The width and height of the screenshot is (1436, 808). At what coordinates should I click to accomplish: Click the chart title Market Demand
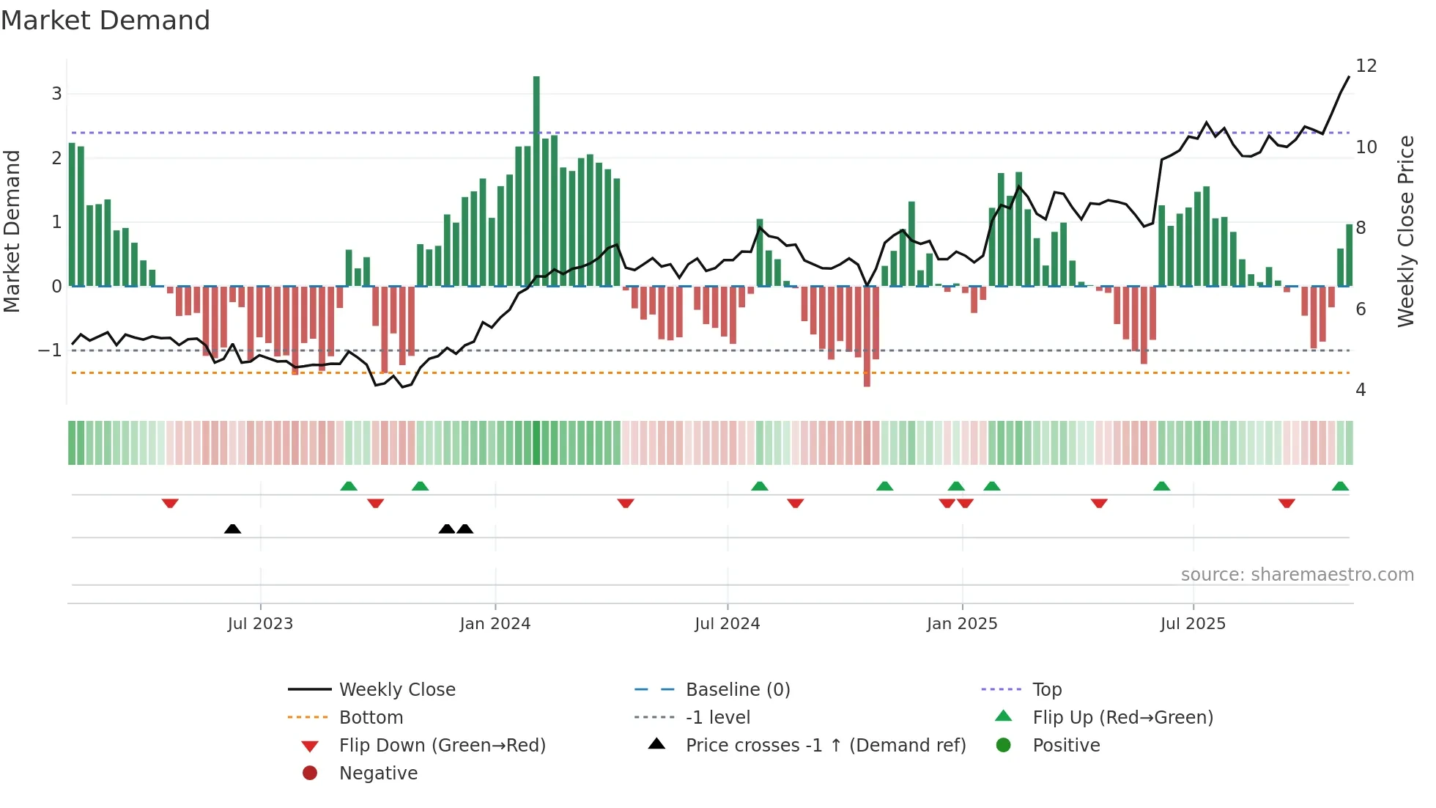pos(106,21)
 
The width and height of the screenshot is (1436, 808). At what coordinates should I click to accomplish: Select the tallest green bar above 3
pos(536,180)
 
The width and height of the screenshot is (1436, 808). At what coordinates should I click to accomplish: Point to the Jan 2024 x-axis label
pos(495,623)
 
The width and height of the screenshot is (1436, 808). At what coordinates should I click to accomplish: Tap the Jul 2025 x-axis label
pos(1193,623)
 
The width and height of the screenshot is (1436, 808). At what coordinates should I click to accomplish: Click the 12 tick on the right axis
pos(1366,66)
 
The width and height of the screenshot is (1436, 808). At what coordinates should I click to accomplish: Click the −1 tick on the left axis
pos(50,350)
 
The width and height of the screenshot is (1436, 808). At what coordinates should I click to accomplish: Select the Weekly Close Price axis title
pos(1405,231)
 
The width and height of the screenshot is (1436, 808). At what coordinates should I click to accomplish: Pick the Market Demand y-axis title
pos(12,231)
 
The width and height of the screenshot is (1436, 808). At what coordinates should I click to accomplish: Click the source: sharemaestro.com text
pos(1297,574)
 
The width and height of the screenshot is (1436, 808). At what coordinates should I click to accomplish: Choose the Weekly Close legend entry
pos(396,689)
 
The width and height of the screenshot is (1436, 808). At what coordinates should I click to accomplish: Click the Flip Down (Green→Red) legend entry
pos(442,745)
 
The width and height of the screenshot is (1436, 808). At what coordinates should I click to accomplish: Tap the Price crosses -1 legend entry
pos(825,745)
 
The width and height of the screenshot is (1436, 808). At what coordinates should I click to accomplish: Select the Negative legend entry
pos(378,773)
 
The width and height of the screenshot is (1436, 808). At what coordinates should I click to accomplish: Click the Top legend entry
pos(1047,689)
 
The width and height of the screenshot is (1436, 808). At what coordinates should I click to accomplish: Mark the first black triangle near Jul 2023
pos(232,529)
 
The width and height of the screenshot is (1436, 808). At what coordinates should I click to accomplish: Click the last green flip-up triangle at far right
pos(1340,486)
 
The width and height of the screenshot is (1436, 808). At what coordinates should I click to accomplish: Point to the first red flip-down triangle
pos(170,503)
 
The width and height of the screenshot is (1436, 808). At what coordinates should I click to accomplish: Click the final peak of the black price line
pos(1349,77)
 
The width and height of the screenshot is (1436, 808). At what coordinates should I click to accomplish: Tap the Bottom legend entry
pos(371,717)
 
